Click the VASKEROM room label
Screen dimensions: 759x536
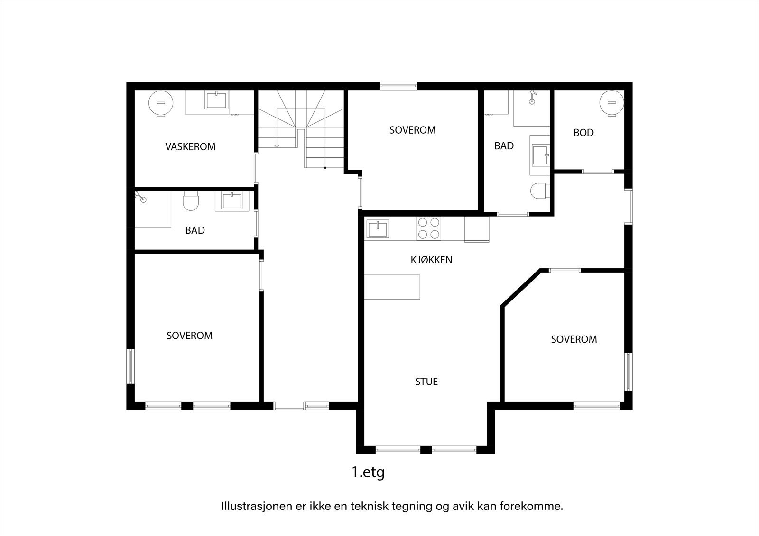pos(190,146)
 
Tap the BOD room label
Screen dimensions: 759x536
pos(583,133)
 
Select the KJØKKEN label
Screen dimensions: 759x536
pos(431,260)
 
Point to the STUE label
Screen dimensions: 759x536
pos(426,382)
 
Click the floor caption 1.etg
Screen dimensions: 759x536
pos(368,472)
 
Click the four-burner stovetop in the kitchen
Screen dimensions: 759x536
pos(429,228)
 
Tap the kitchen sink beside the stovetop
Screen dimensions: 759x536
pos(378,228)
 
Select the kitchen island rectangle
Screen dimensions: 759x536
pos(392,287)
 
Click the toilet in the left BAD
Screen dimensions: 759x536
pos(190,201)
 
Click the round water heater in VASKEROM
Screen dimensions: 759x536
pos(161,103)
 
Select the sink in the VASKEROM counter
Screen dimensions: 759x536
pos(216,100)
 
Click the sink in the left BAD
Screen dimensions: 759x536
pos(232,201)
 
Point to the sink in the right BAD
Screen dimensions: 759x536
pos(540,155)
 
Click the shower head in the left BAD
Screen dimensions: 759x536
pos(140,197)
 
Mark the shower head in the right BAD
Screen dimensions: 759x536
pos(532,97)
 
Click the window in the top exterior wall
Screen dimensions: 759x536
pos(398,86)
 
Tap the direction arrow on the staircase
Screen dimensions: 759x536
pos(277,128)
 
